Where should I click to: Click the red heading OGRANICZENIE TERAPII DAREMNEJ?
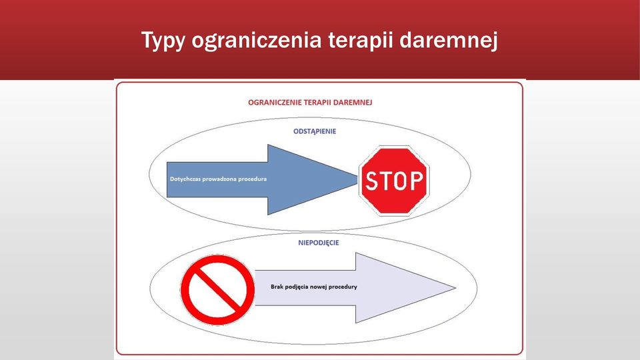[x=310, y=103]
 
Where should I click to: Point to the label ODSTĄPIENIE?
[x=315, y=131]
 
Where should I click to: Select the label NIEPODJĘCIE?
[x=319, y=243]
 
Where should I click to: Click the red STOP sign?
[x=394, y=181]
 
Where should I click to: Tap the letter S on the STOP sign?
[x=371, y=181]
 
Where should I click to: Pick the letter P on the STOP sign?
[x=417, y=181]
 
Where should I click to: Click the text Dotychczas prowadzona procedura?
[x=219, y=179]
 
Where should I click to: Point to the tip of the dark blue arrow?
[x=357, y=179]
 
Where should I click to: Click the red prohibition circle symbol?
[x=218, y=290]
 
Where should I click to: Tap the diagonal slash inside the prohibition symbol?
[x=218, y=290]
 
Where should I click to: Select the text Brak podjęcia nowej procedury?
[x=314, y=287]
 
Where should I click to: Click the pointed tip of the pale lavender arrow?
[x=455, y=288]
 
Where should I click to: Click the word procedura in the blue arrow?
[x=253, y=179]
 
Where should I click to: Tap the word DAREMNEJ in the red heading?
[x=353, y=103]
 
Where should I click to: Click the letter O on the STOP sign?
[x=402, y=181]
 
